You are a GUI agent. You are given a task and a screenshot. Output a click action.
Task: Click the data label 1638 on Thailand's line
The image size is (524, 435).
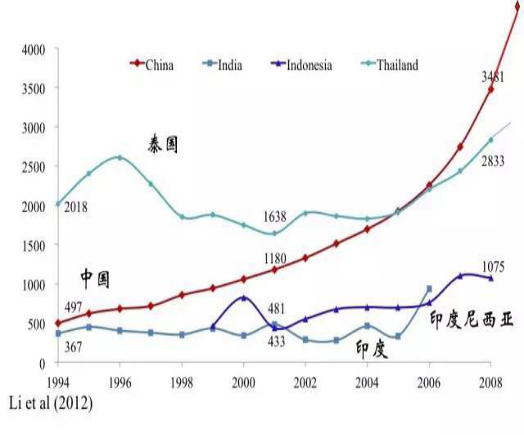click(276, 217)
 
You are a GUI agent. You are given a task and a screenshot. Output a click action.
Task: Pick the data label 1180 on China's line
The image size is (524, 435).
click(275, 259)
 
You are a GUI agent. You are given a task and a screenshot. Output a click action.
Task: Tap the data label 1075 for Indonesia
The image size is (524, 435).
click(492, 267)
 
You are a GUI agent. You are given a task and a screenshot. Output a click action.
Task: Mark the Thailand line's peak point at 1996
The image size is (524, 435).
click(120, 157)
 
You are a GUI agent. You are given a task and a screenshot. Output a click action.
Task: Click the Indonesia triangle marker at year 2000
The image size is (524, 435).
click(244, 297)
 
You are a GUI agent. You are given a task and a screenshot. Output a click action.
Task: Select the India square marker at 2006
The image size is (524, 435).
click(429, 288)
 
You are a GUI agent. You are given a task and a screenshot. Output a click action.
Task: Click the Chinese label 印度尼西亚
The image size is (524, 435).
click(472, 320)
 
